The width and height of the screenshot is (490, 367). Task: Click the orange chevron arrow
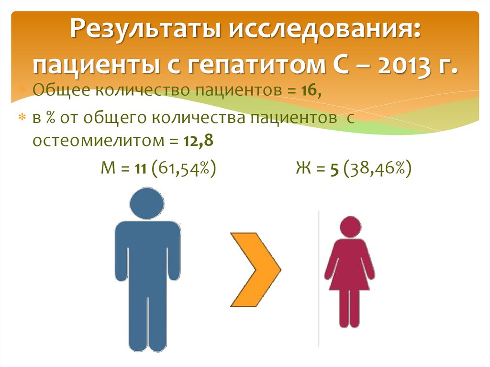tap(255, 269)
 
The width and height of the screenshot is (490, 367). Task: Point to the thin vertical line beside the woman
tap(319, 278)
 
